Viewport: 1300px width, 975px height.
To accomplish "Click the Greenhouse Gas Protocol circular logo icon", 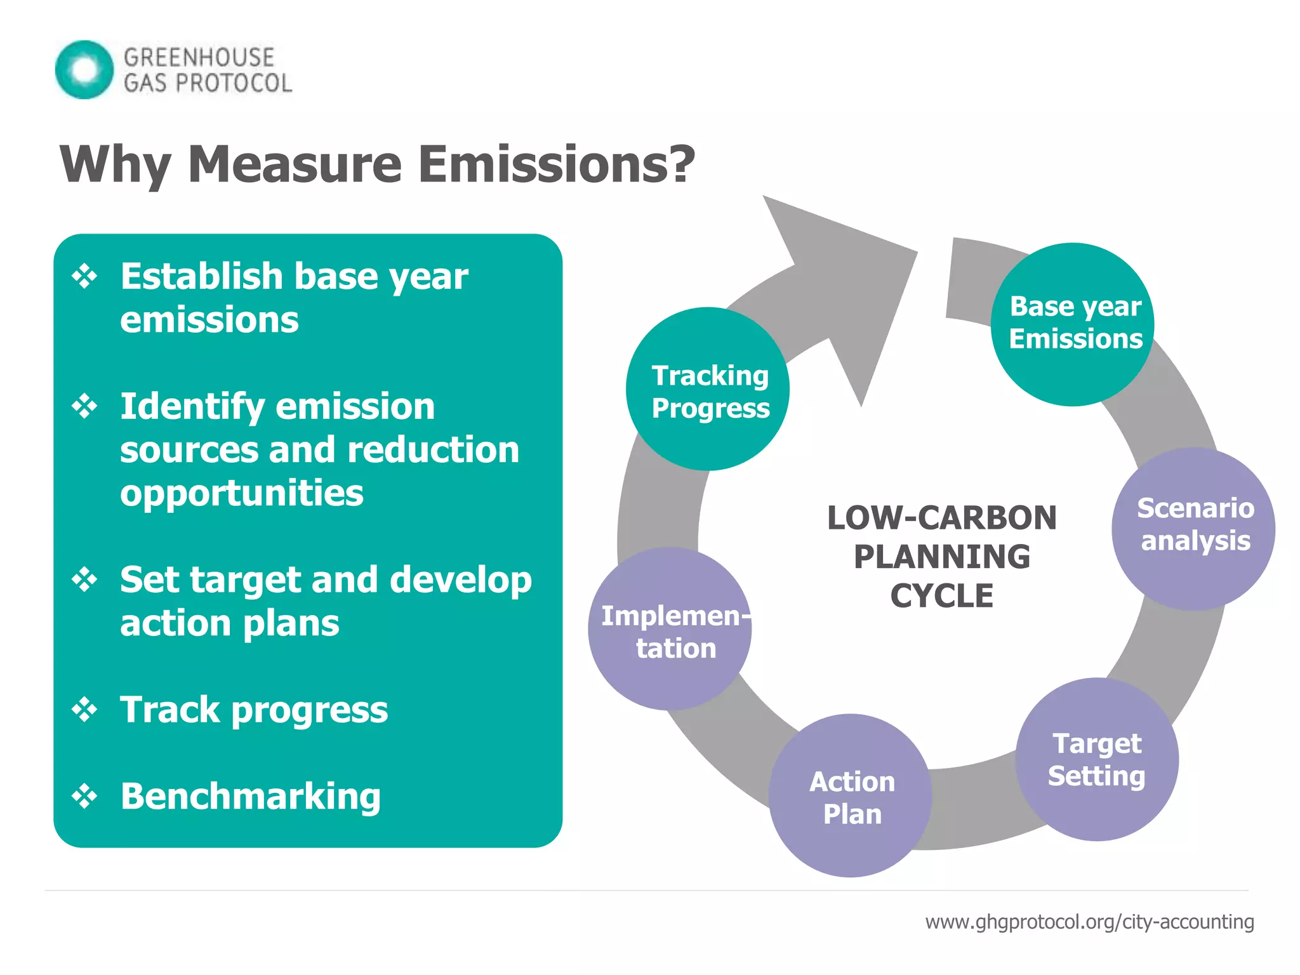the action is (84, 69).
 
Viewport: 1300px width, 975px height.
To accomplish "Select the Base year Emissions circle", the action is (1073, 324).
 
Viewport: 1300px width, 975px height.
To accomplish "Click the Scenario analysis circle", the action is (1193, 528).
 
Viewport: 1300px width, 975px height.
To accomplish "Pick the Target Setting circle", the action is (1097, 759).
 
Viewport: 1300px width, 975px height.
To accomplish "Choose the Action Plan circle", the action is (851, 796).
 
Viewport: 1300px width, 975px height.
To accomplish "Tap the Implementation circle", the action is (670, 629).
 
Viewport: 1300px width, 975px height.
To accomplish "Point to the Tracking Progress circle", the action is (708, 389).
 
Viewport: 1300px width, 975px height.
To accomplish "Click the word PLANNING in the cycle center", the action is (941, 557).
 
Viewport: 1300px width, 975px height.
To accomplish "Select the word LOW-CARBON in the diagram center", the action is (941, 518).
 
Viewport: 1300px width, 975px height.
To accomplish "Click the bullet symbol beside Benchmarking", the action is (84, 796).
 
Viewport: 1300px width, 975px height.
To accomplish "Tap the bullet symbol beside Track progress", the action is (84, 710).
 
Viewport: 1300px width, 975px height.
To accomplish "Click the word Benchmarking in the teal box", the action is (251, 796).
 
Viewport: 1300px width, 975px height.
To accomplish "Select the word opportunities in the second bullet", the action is (242, 493).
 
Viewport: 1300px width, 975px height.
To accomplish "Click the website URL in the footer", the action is (1089, 922).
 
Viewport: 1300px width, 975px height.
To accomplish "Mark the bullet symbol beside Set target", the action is (84, 580).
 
